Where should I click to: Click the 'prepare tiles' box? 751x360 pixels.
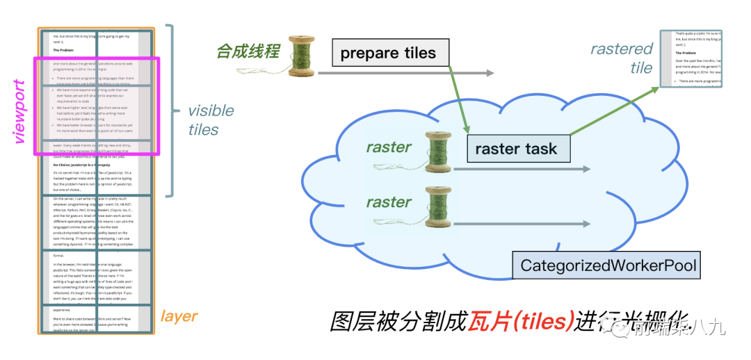click(x=387, y=53)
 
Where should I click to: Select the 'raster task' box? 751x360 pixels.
click(x=515, y=149)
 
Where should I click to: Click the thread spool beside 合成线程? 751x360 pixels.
click(x=302, y=56)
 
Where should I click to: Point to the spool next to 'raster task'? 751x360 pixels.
click(x=439, y=152)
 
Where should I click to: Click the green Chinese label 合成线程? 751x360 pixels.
click(x=248, y=51)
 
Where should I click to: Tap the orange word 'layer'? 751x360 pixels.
click(x=179, y=316)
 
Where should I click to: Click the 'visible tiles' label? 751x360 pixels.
click(x=211, y=120)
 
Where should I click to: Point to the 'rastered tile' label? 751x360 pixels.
click(x=622, y=58)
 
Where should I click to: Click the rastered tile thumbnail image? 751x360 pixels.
click(x=699, y=58)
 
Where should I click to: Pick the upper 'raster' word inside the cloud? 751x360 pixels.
click(x=389, y=147)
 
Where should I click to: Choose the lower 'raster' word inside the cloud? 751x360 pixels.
click(x=389, y=202)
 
